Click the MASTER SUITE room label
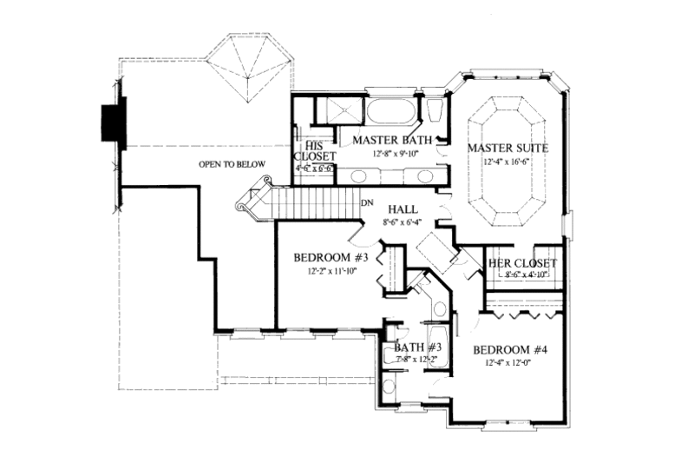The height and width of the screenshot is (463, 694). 507,149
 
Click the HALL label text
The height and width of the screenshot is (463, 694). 403,209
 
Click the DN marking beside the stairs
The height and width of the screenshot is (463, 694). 368,202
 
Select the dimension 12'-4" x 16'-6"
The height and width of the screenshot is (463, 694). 507,162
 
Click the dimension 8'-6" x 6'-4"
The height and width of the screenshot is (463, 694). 403,222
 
